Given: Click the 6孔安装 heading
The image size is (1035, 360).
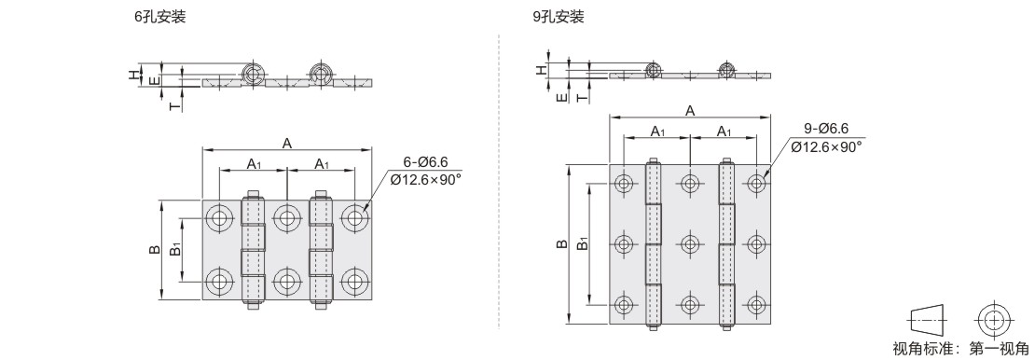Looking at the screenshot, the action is [160, 17].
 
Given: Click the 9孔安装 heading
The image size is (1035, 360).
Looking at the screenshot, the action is [559, 17].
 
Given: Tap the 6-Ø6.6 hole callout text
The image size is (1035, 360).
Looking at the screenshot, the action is [426, 162].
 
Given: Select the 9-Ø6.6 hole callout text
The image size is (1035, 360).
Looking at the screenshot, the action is [826, 129].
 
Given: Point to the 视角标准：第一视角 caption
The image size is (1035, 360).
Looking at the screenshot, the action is [959, 348].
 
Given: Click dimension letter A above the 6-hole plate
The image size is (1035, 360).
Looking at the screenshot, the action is [287, 143].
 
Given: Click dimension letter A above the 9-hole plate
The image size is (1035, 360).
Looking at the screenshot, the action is [690, 110].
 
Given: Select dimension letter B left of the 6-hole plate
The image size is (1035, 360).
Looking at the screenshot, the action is [154, 250].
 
